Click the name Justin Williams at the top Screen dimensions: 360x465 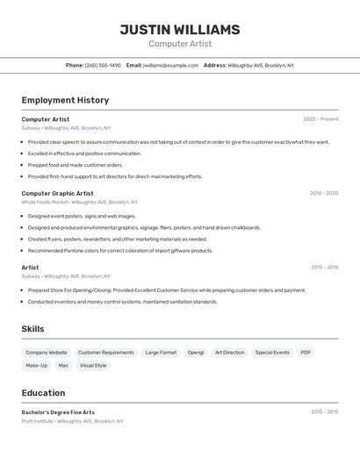(x=179, y=29)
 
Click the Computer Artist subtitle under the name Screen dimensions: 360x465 (x=179, y=44)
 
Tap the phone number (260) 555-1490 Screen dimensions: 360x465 (x=103, y=66)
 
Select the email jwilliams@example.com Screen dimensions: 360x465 (x=170, y=66)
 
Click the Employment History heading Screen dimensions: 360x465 (x=65, y=101)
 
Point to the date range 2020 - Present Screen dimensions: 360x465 (x=320, y=119)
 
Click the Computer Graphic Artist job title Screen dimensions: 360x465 (x=57, y=193)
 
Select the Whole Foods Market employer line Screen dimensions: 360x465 (x=73, y=202)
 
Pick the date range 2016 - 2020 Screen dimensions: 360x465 (x=324, y=193)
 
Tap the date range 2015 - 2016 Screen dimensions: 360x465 (x=324, y=268)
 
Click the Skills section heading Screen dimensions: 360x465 (x=33, y=329)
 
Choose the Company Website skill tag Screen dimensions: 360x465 (x=46, y=353)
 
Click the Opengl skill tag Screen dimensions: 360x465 (x=195, y=353)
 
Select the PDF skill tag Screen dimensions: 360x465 (x=306, y=353)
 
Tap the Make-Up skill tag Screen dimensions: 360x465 (x=37, y=366)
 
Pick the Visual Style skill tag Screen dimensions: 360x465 (x=93, y=366)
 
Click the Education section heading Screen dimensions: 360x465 (x=43, y=393)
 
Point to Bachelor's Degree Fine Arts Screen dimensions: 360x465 (x=58, y=412)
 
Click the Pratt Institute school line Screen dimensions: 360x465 (x=72, y=421)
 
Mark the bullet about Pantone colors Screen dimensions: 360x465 (x=120, y=251)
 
